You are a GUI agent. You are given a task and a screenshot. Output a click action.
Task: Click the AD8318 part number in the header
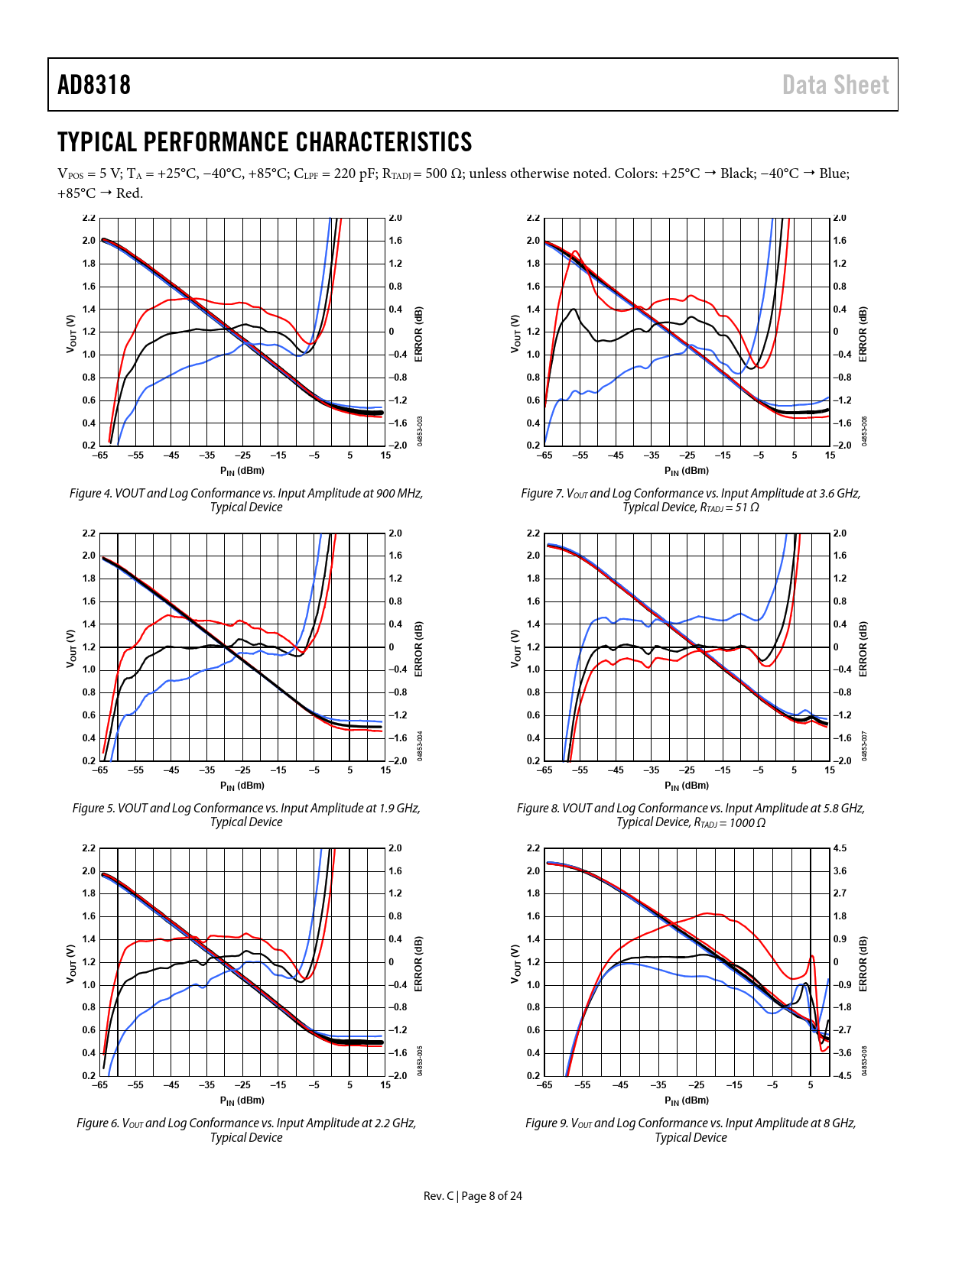[94, 85]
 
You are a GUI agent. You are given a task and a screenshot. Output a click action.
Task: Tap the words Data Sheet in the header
[835, 85]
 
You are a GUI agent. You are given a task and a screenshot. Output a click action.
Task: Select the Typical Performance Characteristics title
[265, 142]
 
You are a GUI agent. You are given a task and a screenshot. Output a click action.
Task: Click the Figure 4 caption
[246, 500]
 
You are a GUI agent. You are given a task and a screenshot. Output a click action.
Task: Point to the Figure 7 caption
[691, 500]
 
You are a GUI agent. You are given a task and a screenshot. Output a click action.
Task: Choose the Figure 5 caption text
[246, 815]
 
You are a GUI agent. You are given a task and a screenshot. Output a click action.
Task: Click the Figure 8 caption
[691, 815]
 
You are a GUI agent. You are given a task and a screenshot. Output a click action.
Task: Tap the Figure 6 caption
[246, 1130]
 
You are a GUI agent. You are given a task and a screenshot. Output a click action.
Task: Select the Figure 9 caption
[691, 1130]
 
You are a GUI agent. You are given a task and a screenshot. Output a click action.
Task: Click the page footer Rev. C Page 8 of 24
[473, 1195]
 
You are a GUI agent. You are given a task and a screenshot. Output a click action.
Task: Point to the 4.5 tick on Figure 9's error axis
[840, 848]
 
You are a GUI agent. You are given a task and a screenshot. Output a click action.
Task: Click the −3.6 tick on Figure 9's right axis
[841, 1053]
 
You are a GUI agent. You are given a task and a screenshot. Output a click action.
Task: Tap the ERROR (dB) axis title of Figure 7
[863, 334]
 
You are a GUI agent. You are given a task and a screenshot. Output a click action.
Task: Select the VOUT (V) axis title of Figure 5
[71, 649]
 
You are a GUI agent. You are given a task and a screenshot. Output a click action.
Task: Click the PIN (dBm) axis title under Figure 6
[242, 1101]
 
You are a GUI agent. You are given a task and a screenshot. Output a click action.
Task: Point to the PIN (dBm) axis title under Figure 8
[687, 786]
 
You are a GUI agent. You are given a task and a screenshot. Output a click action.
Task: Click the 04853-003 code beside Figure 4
[420, 431]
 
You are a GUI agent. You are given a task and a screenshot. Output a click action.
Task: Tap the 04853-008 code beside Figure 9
[864, 1062]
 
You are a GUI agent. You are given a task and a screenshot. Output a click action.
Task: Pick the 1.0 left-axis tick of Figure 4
[89, 355]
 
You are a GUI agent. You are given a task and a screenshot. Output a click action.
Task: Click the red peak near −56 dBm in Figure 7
[575, 251]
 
